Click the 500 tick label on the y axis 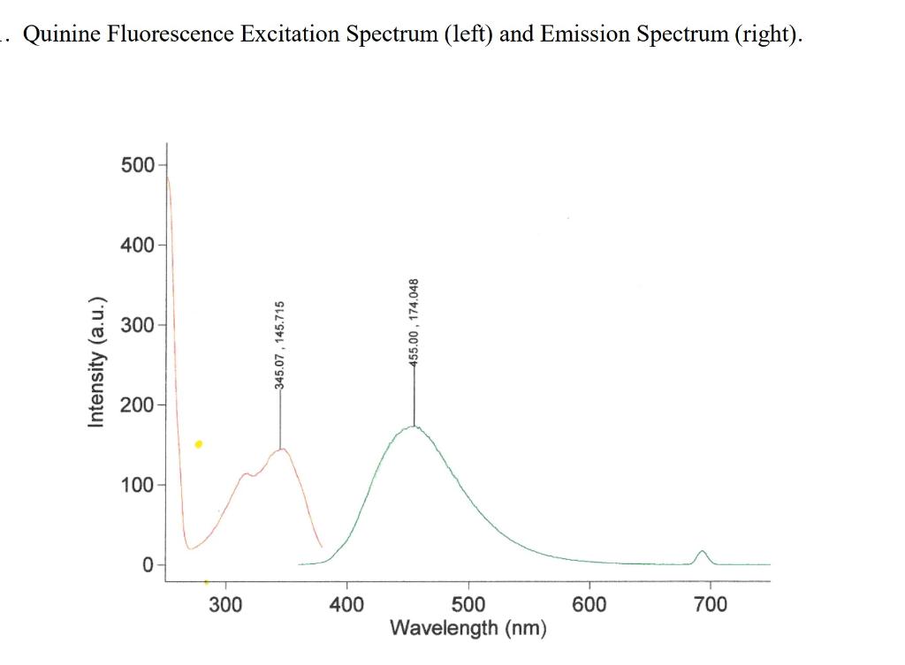coord(137,164)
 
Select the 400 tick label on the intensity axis coord(137,245)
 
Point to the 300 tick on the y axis coord(137,325)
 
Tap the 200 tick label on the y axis coord(137,405)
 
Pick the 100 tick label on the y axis coord(137,485)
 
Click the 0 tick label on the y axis coord(148,565)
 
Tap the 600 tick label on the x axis coord(589,604)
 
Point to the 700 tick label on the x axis coord(711,604)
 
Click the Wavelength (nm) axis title coord(468,628)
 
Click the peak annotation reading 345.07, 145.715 coord(279,344)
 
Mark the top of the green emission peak coord(414,427)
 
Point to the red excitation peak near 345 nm coord(281,449)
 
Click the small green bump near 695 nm coord(703,552)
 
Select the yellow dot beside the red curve coord(199,444)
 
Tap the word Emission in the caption coord(584,34)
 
